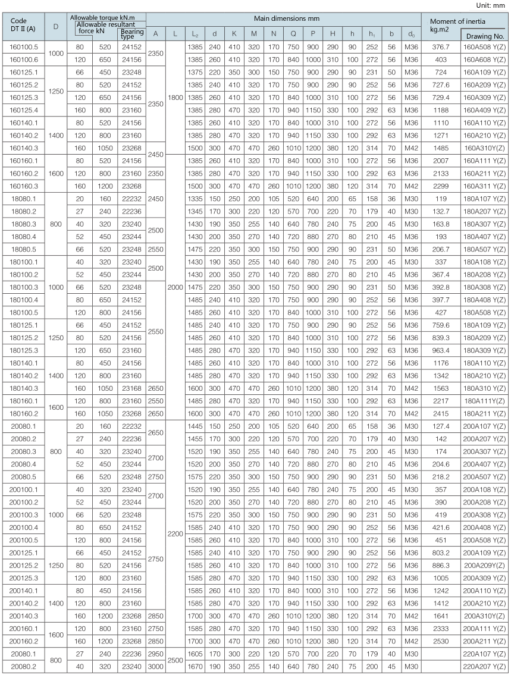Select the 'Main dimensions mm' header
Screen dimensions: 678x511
click(x=283, y=19)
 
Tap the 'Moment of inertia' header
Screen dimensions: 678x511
click(x=455, y=21)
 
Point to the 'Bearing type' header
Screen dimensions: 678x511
click(x=131, y=33)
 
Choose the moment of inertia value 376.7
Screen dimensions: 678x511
click(x=441, y=47)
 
